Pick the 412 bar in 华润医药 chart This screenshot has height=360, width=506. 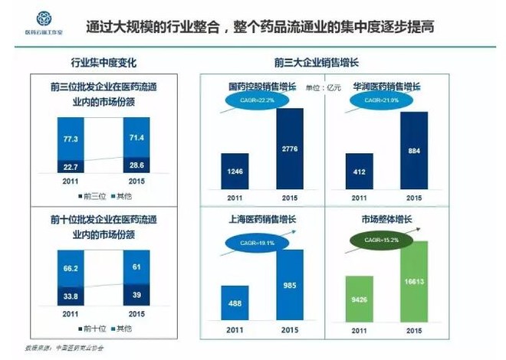coord(359,171)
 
